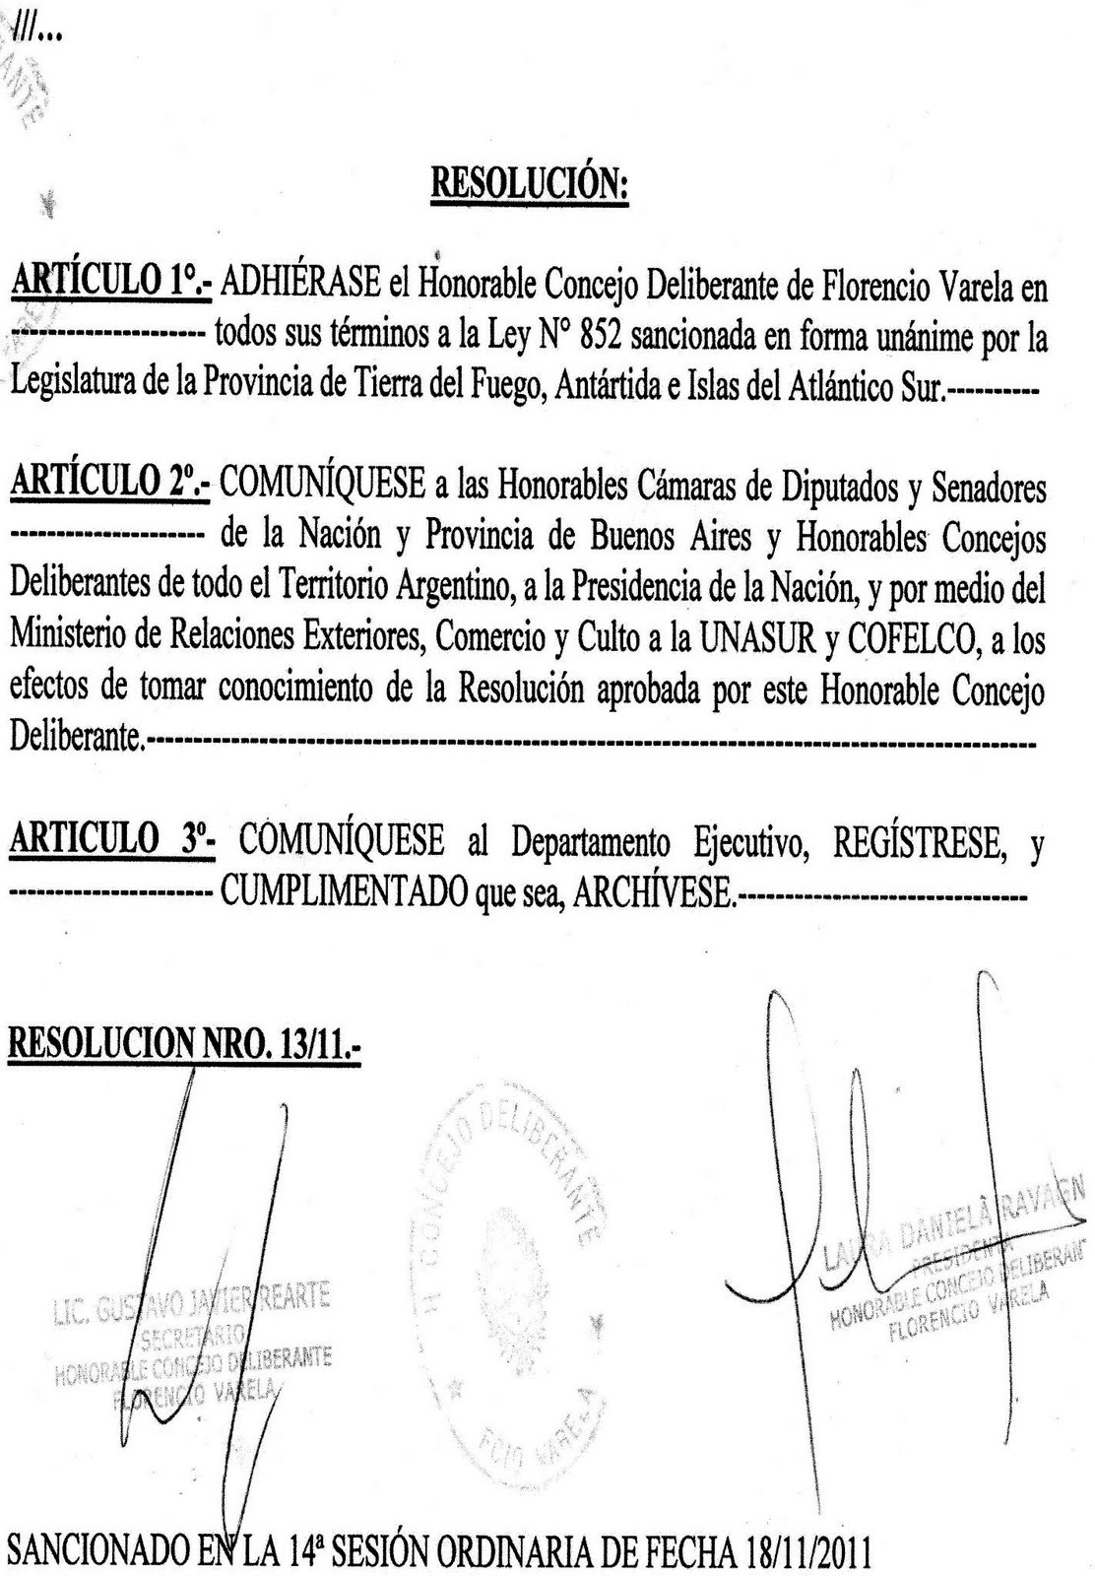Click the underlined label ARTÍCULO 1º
click(110, 287)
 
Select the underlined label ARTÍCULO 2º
click(111, 485)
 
